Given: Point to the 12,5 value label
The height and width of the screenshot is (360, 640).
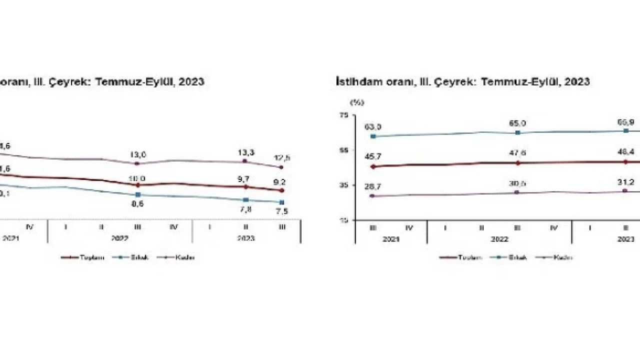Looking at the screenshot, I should [282, 158].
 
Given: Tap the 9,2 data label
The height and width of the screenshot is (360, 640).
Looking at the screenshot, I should [282, 182].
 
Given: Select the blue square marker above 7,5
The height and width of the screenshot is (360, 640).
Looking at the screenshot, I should [282, 202].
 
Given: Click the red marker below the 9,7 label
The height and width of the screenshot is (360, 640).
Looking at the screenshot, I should [245, 186].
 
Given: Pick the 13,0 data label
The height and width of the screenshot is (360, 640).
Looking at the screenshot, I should [138, 154].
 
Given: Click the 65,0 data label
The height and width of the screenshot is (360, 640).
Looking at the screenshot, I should [517, 123].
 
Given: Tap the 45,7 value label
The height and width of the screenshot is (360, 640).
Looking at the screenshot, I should [373, 157].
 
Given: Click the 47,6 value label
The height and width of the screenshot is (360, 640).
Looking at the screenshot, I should [517, 153].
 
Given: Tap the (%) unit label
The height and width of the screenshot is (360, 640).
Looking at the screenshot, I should [357, 102].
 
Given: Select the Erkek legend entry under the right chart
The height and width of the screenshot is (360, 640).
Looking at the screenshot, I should [514, 257].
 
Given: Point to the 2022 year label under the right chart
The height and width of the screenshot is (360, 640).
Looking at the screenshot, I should [499, 239].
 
